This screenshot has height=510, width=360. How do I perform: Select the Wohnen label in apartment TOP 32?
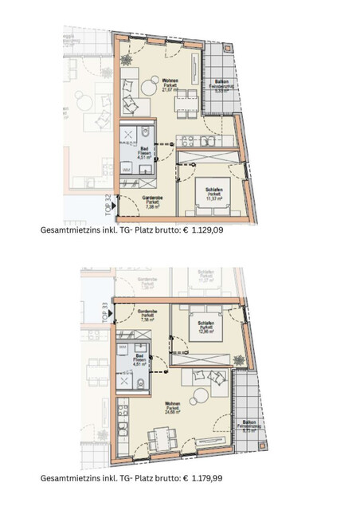coord(170,81)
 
